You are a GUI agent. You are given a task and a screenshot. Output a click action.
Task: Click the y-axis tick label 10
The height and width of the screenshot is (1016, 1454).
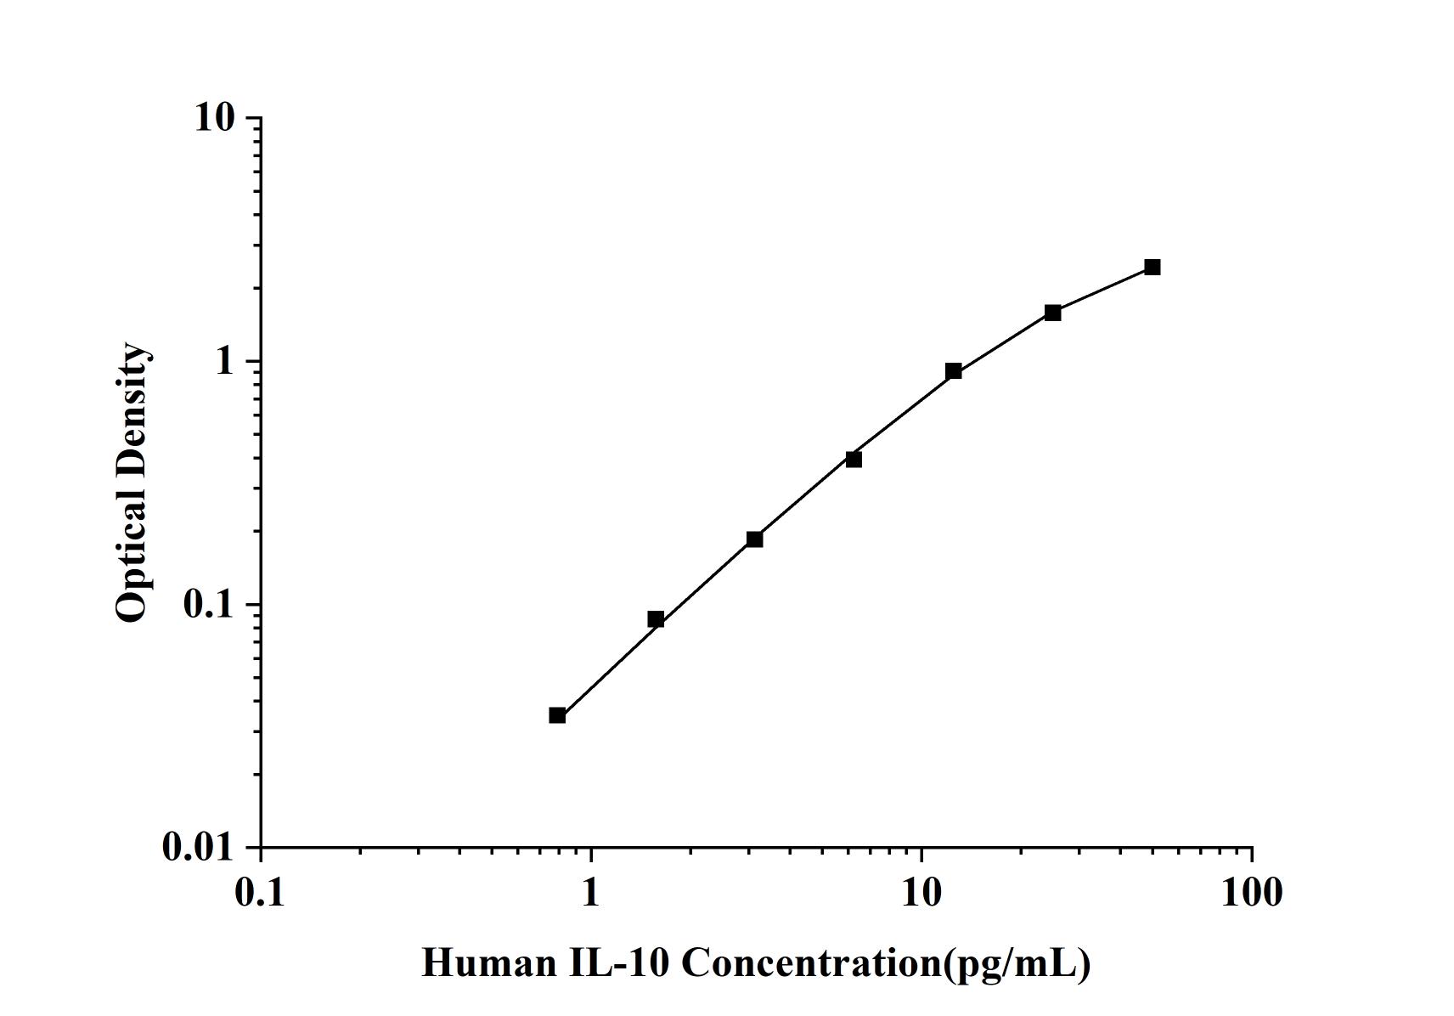click(x=214, y=117)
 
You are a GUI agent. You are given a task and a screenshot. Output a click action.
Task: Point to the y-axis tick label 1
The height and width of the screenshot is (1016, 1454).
click(x=224, y=361)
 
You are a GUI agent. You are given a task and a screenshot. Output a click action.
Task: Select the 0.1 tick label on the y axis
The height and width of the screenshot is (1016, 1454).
click(x=207, y=604)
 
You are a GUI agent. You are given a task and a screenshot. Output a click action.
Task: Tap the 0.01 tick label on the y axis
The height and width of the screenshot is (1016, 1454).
click(x=199, y=847)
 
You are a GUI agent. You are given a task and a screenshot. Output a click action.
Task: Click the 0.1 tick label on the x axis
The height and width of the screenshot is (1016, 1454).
click(x=261, y=892)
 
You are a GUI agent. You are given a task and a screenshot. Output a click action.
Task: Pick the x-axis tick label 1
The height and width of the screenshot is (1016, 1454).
click(x=591, y=892)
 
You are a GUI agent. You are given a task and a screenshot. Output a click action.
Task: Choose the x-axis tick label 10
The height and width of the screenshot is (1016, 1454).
click(x=921, y=892)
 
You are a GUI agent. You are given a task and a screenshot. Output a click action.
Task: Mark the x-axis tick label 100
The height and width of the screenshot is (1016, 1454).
click(x=1252, y=892)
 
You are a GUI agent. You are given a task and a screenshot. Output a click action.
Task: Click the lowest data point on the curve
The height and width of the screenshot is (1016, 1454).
click(x=557, y=715)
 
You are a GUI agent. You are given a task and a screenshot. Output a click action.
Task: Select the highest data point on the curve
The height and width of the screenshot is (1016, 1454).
click(x=1152, y=268)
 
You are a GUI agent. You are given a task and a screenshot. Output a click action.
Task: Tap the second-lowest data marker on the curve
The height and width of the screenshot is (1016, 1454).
click(x=656, y=619)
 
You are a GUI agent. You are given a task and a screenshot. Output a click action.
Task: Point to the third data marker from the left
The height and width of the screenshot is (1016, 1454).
click(x=755, y=539)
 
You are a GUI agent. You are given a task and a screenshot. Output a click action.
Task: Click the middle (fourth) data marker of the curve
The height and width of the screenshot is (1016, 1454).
click(x=854, y=460)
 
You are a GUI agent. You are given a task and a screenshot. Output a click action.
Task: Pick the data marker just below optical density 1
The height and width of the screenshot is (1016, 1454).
click(x=954, y=371)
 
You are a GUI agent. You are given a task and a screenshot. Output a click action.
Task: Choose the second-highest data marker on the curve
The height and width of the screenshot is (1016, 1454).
click(x=1053, y=313)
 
